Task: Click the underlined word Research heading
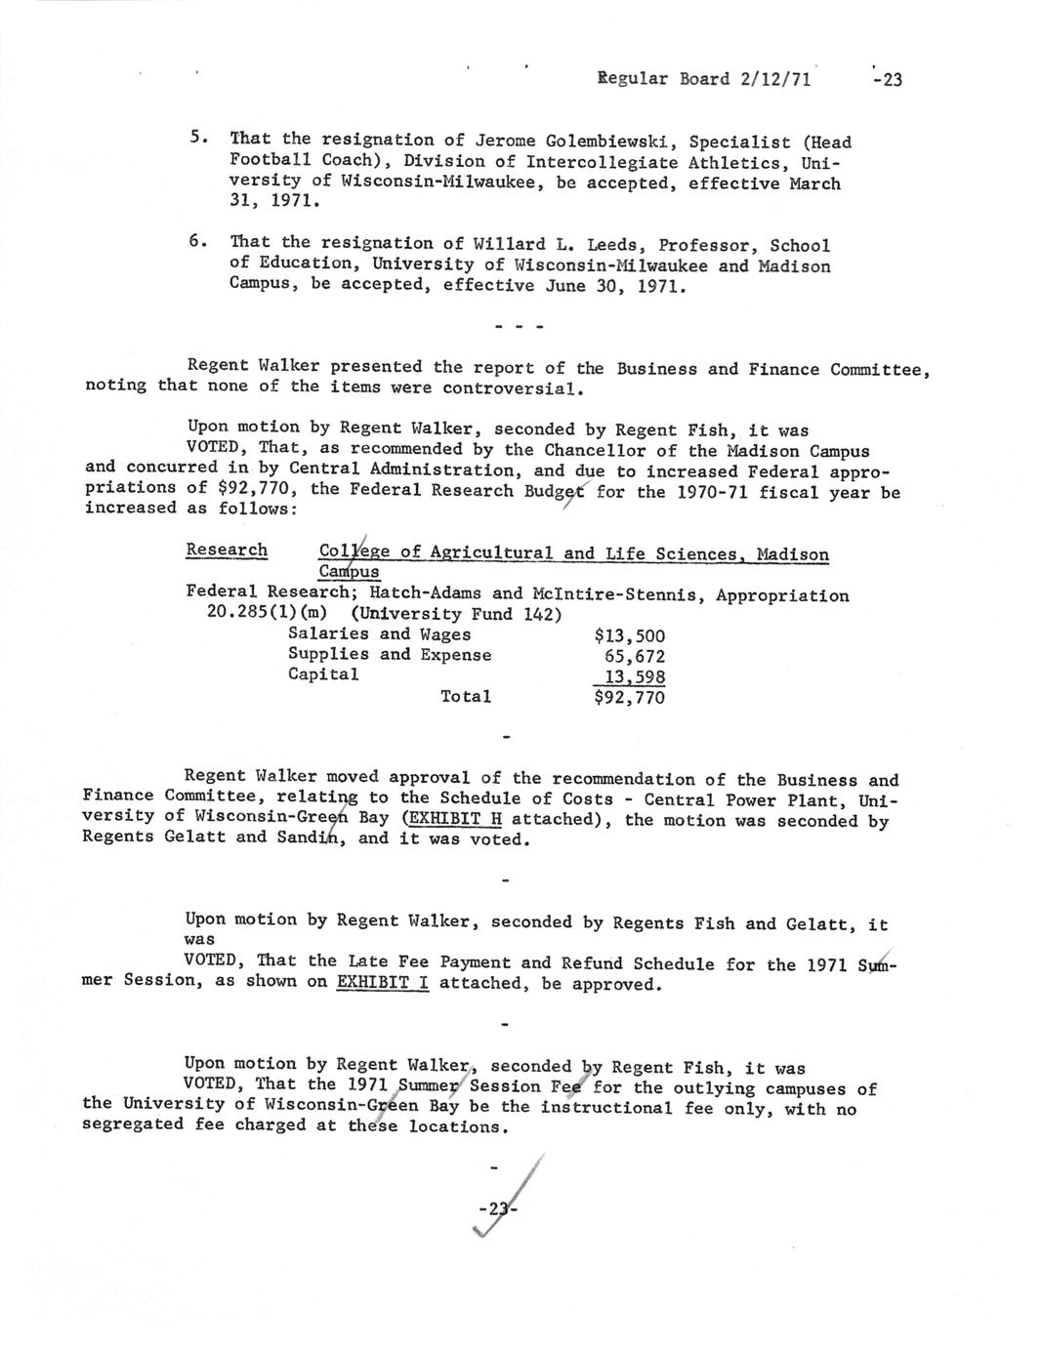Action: (x=227, y=551)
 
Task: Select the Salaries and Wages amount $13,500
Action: (x=629, y=635)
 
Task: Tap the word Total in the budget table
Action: (x=466, y=696)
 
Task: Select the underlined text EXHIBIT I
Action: (x=382, y=983)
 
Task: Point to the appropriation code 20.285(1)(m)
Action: (x=266, y=614)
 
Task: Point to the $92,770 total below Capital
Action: (x=629, y=698)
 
